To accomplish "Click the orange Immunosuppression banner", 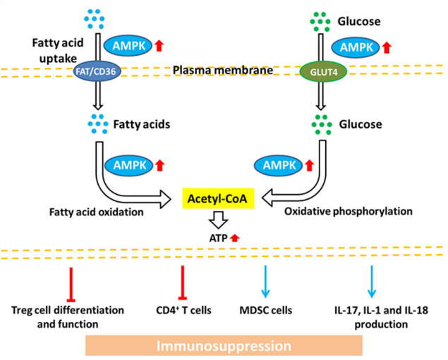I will (224, 346).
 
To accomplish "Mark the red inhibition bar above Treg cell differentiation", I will (68, 282).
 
